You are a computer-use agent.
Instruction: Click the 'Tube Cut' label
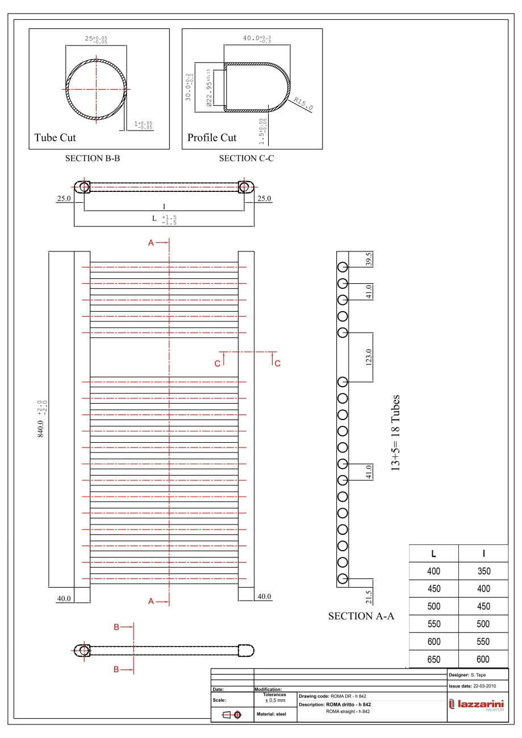(55, 137)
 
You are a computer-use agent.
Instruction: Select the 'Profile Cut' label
(212, 137)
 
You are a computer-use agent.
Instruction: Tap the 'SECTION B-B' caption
(93, 158)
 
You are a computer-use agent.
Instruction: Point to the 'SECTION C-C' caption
(247, 158)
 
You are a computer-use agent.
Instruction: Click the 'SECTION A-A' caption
(361, 616)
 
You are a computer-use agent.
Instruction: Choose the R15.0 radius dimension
(303, 104)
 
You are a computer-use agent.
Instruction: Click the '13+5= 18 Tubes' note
(396, 433)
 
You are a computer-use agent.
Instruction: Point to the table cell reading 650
(433, 659)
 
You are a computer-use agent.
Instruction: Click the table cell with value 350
(483, 571)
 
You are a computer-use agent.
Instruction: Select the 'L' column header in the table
(433, 553)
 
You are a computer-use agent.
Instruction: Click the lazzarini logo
(477, 705)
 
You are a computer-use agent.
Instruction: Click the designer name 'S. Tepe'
(479, 675)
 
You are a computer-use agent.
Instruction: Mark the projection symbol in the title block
(232, 714)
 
